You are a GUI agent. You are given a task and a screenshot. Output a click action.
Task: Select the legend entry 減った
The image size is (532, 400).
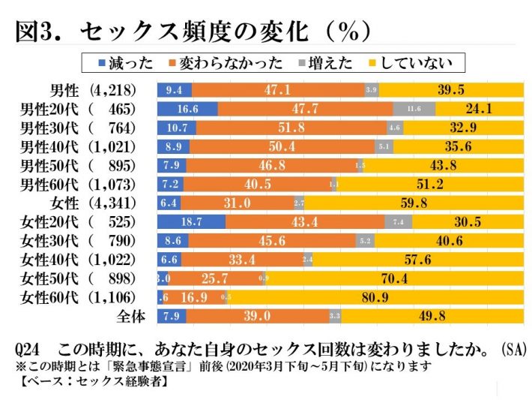[118, 64]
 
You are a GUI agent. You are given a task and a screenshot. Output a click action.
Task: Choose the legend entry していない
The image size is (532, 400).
[416, 64]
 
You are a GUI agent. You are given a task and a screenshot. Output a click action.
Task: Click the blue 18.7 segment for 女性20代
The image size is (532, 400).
[191, 221]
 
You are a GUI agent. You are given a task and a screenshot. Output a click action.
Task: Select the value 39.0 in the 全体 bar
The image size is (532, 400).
[257, 316]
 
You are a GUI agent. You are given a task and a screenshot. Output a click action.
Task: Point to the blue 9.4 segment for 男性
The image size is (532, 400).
[175, 90]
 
